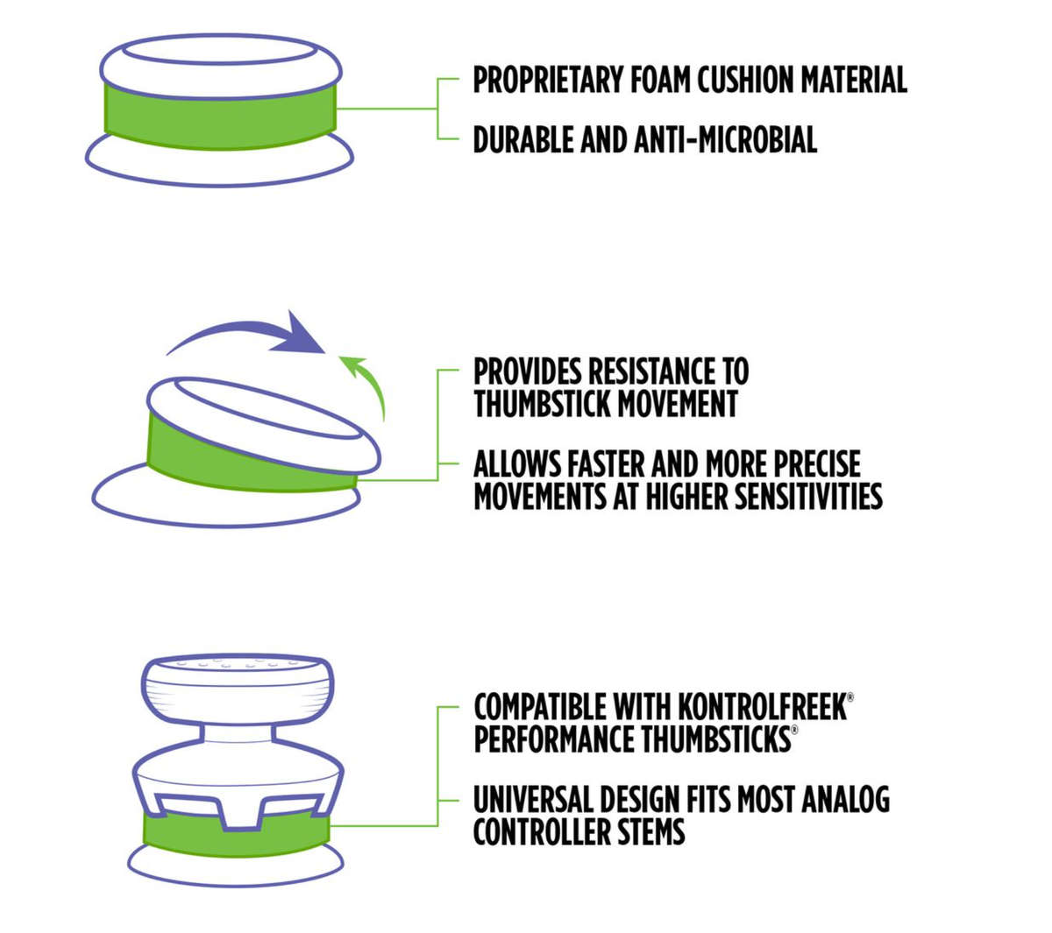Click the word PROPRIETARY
point(548,80)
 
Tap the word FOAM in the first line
point(659,80)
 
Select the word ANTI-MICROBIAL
point(725,139)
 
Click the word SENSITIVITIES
point(809,496)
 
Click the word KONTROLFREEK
point(763,706)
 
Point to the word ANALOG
point(845,799)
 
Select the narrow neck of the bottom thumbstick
point(237,734)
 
